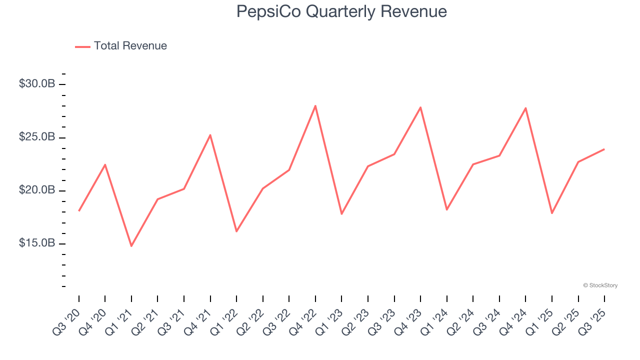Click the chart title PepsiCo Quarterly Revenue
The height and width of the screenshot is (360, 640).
(x=341, y=11)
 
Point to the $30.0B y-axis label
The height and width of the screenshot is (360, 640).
(x=37, y=84)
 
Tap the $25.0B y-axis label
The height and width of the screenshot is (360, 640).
(x=37, y=137)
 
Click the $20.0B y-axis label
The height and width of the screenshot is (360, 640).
(x=37, y=190)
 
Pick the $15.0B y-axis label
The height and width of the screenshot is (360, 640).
(x=37, y=243)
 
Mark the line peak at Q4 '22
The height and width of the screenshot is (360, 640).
(x=315, y=105)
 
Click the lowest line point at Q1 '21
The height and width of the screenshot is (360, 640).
(x=131, y=246)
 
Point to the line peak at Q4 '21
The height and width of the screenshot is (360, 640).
(x=210, y=135)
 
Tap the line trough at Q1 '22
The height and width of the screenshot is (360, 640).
(x=236, y=231)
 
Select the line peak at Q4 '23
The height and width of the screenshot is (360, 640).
(x=420, y=107)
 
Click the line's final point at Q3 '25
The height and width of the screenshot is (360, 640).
(x=604, y=149)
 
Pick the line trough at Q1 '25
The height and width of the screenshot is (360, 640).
(x=552, y=213)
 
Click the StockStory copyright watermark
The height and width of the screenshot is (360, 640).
(x=600, y=285)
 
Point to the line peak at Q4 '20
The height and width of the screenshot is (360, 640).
(x=105, y=164)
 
